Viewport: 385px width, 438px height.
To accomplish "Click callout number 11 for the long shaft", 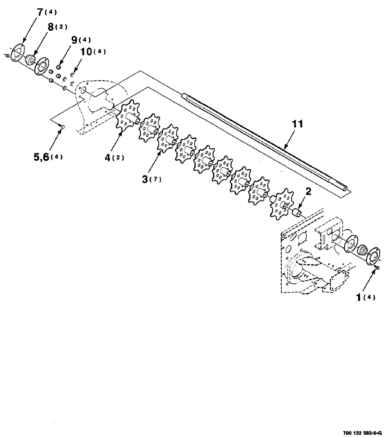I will [x=297, y=125].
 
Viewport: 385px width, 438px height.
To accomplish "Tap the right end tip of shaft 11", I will [x=348, y=189].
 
